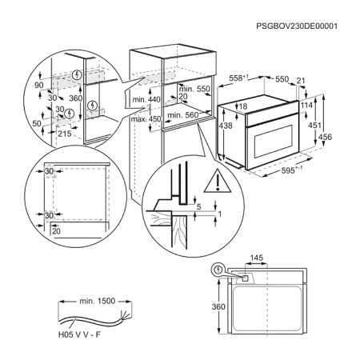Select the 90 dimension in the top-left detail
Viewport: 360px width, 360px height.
[x=39, y=82]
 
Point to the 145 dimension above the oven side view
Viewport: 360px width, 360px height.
[x=256, y=258]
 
